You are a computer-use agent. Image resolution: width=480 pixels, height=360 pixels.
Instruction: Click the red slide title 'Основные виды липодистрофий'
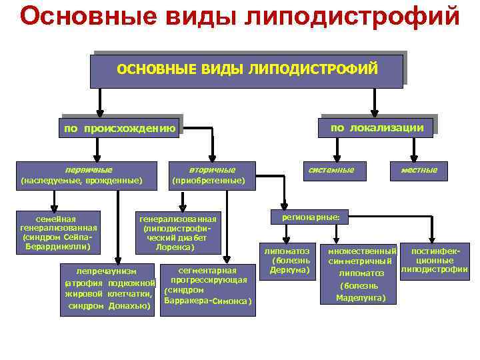(240, 16)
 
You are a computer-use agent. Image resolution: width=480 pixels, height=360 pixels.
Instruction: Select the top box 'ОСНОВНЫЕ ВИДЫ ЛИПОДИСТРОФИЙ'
(247, 70)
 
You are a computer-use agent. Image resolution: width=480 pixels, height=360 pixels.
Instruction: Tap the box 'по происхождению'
(120, 129)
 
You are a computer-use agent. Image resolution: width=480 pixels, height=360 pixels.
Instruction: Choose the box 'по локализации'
(377, 127)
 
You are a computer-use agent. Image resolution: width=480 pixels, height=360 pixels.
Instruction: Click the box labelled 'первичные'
(89, 170)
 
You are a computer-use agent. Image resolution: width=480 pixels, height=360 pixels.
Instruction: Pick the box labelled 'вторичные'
(211, 170)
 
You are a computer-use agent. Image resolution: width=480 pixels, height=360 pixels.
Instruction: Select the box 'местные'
(419, 170)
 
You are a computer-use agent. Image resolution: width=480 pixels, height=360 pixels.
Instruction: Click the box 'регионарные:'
(310, 217)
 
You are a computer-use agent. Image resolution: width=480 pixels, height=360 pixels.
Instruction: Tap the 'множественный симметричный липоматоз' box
(361, 273)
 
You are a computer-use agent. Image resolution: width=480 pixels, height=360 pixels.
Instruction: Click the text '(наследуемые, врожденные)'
(81, 181)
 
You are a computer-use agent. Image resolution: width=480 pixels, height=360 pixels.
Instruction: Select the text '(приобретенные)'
(209, 181)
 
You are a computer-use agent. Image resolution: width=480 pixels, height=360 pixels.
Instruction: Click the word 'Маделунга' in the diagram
(361, 297)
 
